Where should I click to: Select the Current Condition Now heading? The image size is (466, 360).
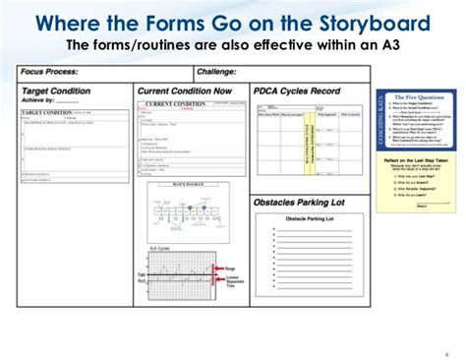tap(187, 90)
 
